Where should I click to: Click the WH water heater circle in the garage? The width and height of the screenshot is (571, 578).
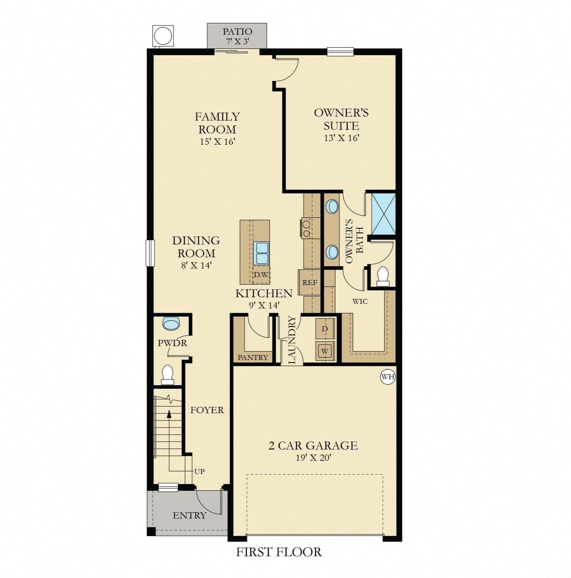pyautogui.click(x=388, y=377)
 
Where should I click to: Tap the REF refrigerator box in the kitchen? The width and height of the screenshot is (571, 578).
pyautogui.click(x=309, y=282)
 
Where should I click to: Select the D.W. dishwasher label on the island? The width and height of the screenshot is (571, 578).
pyautogui.click(x=261, y=275)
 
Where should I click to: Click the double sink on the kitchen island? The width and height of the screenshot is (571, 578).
pyautogui.click(x=261, y=253)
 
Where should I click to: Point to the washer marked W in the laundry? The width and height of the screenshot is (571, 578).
pyautogui.click(x=325, y=351)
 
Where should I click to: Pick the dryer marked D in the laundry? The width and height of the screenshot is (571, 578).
pyautogui.click(x=325, y=329)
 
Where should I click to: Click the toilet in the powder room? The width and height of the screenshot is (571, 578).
pyautogui.click(x=168, y=374)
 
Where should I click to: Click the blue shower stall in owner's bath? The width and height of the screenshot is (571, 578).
pyautogui.click(x=383, y=214)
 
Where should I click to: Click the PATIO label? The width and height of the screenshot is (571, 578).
pyautogui.click(x=237, y=32)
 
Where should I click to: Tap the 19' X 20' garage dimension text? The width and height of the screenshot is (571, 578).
pyautogui.click(x=313, y=457)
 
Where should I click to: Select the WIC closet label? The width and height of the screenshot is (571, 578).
pyautogui.click(x=360, y=301)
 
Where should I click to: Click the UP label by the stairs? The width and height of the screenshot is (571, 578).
pyautogui.click(x=199, y=471)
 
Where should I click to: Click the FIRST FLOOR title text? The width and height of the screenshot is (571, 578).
pyautogui.click(x=279, y=552)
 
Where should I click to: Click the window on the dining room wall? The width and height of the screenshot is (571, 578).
pyautogui.click(x=150, y=253)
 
